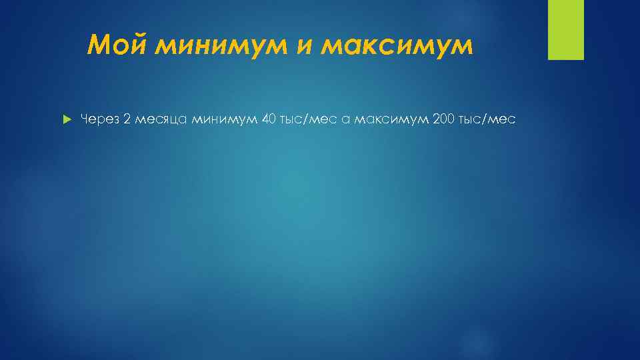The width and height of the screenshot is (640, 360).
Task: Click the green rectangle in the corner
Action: click(x=565, y=29)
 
